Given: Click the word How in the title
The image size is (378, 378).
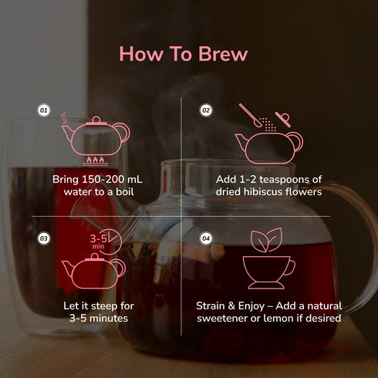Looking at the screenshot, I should tap(140, 55).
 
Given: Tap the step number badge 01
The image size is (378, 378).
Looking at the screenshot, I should tap(44, 111).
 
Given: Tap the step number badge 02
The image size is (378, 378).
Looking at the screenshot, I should tap(206, 111).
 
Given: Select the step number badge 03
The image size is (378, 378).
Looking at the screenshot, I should tap(44, 238).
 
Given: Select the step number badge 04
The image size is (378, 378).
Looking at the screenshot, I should tap(206, 238).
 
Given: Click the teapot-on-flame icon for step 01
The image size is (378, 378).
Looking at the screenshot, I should tap(96, 139).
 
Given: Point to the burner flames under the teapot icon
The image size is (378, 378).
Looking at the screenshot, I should tap(96, 161).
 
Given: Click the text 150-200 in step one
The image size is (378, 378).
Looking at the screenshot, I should tap(106, 180).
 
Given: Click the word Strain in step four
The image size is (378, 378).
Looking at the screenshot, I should tap(214, 306).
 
